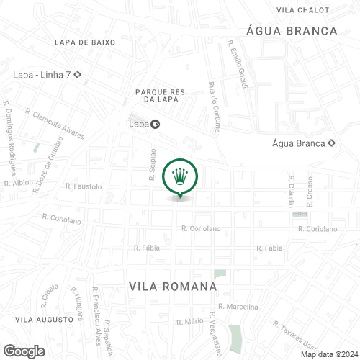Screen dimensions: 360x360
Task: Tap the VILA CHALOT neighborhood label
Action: click(x=302, y=9)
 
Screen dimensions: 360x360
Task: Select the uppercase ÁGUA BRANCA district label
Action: click(x=292, y=30)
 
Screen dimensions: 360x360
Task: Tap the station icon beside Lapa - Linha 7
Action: click(x=76, y=74)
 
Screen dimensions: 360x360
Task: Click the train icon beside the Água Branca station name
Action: click(x=330, y=143)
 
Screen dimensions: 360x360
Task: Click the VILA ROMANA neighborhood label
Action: click(x=173, y=287)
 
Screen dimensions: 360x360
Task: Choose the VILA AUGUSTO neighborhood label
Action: click(x=45, y=318)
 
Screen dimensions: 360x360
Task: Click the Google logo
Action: click(x=24, y=351)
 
